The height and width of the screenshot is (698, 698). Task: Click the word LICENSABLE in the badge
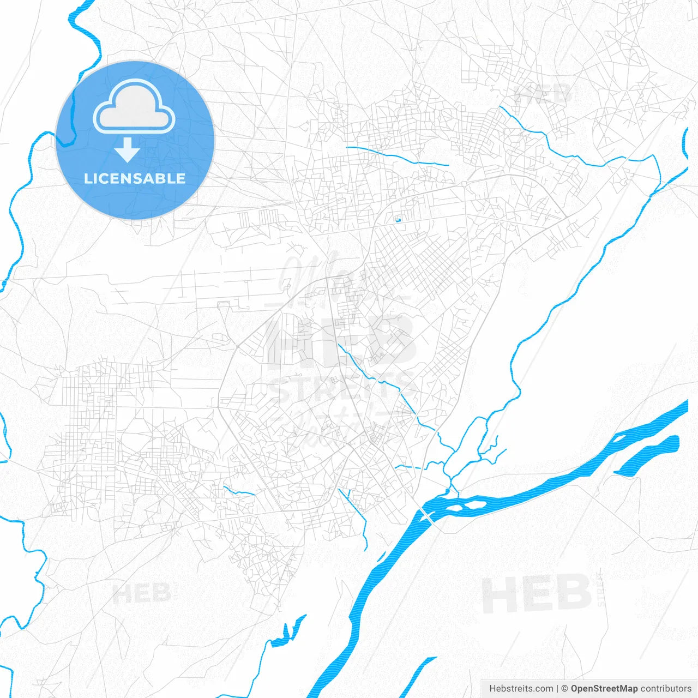[x=135, y=178]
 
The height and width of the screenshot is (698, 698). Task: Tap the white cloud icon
[x=134, y=107]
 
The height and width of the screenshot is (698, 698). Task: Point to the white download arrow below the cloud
[x=128, y=150]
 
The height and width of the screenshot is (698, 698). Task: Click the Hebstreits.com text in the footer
[x=521, y=689]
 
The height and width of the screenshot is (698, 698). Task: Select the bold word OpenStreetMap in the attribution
[x=604, y=689]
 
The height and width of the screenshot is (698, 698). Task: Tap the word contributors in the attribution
[x=665, y=689]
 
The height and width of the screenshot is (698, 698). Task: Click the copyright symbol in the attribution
[x=565, y=689]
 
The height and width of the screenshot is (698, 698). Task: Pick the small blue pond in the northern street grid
[x=398, y=220]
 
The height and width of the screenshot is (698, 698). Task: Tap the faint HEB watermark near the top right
[x=543, y=94]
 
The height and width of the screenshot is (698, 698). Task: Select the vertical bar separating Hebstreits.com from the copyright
[x=557, y=689]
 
